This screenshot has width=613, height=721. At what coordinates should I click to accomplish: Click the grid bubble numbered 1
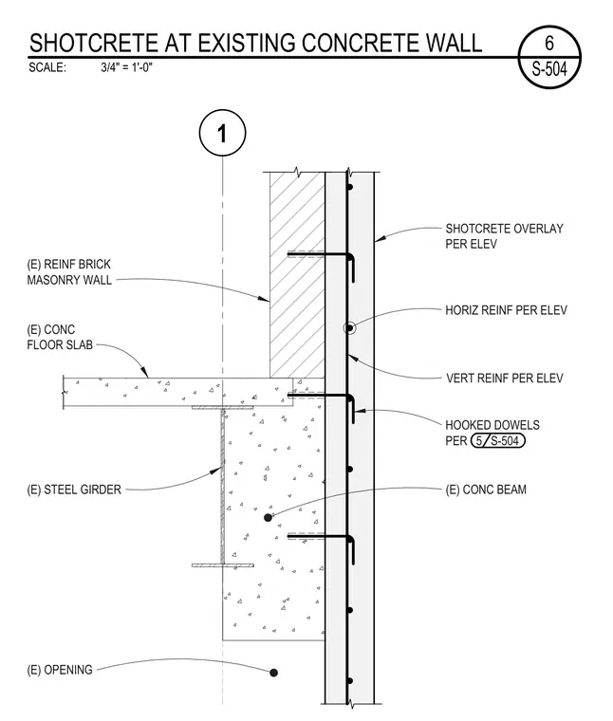pos(223,133)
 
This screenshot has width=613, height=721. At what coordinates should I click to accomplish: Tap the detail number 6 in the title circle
pos(549,44)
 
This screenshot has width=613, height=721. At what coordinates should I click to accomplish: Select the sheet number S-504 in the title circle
pos(549,69)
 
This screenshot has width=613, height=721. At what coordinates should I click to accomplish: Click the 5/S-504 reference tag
pos(497,441)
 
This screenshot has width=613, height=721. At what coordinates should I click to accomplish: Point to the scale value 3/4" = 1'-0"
pos(126,67)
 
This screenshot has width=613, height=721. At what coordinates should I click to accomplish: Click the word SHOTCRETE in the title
pos(94,44)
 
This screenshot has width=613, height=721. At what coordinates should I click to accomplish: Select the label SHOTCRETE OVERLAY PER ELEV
pos(504,236)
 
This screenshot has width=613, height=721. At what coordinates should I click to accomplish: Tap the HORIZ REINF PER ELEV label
pos(506,310)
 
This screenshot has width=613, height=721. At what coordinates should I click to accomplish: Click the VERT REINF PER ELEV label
pos(505,378)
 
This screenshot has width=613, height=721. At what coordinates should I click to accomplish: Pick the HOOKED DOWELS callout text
pos(492,425)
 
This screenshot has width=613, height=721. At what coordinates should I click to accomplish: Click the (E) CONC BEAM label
pos(486,490)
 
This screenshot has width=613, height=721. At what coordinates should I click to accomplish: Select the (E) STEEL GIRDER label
pos(74,490)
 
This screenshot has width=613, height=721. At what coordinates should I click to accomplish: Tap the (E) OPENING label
pos(60,670)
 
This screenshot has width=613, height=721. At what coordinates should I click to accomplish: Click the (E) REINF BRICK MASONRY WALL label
pos(69,271)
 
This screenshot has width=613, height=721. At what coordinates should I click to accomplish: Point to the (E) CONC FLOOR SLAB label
pos(60,337)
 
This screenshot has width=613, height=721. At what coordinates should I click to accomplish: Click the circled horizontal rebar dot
pos(349,328)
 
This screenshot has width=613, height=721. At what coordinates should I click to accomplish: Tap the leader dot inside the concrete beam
pos(269,518)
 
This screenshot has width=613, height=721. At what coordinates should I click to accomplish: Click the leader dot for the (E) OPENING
pos(273,673)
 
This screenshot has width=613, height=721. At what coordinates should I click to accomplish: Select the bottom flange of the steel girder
pos(223,565)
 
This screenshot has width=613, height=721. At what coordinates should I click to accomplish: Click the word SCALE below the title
pos(47,67)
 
